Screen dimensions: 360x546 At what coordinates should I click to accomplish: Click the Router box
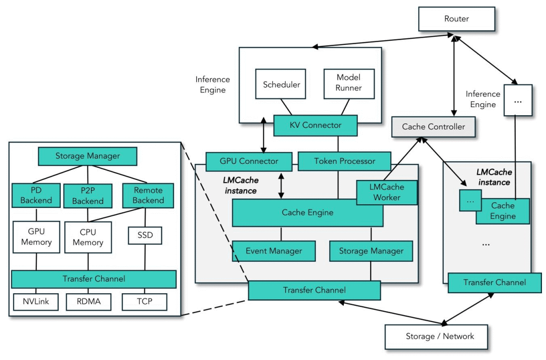(x=457, y=19)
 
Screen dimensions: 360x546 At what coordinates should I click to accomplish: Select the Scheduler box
(x=281, y=84)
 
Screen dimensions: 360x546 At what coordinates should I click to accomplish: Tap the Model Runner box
(x=349, y=83)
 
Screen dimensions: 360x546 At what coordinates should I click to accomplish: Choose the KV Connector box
(x=315, y=125)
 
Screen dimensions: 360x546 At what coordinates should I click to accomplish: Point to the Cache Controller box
(x=433, y=127)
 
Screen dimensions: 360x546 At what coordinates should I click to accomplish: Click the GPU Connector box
(x=249, y=161)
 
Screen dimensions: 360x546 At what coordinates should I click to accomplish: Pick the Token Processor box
(x=344, y=161)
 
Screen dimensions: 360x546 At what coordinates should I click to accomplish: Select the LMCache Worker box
(x=387, y=193)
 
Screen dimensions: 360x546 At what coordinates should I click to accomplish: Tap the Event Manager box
(x=274, y=251)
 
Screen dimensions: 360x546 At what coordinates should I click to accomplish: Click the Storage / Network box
(x=436, y=336)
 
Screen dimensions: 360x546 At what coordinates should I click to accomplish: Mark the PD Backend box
(x=36, y=196)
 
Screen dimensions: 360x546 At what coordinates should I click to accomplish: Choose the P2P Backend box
(x=88, y=196)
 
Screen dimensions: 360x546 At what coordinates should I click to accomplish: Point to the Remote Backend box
(x=148, y=196)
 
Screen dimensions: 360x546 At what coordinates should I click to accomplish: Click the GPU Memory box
(x=36, y=237)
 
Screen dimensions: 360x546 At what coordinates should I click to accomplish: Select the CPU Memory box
(x=88, y=237)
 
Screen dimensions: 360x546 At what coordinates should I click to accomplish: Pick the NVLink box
(x=36, y=302)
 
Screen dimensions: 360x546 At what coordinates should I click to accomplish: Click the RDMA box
(x=88, y=302)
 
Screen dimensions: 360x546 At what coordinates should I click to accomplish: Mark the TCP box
(x=145, y=302)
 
